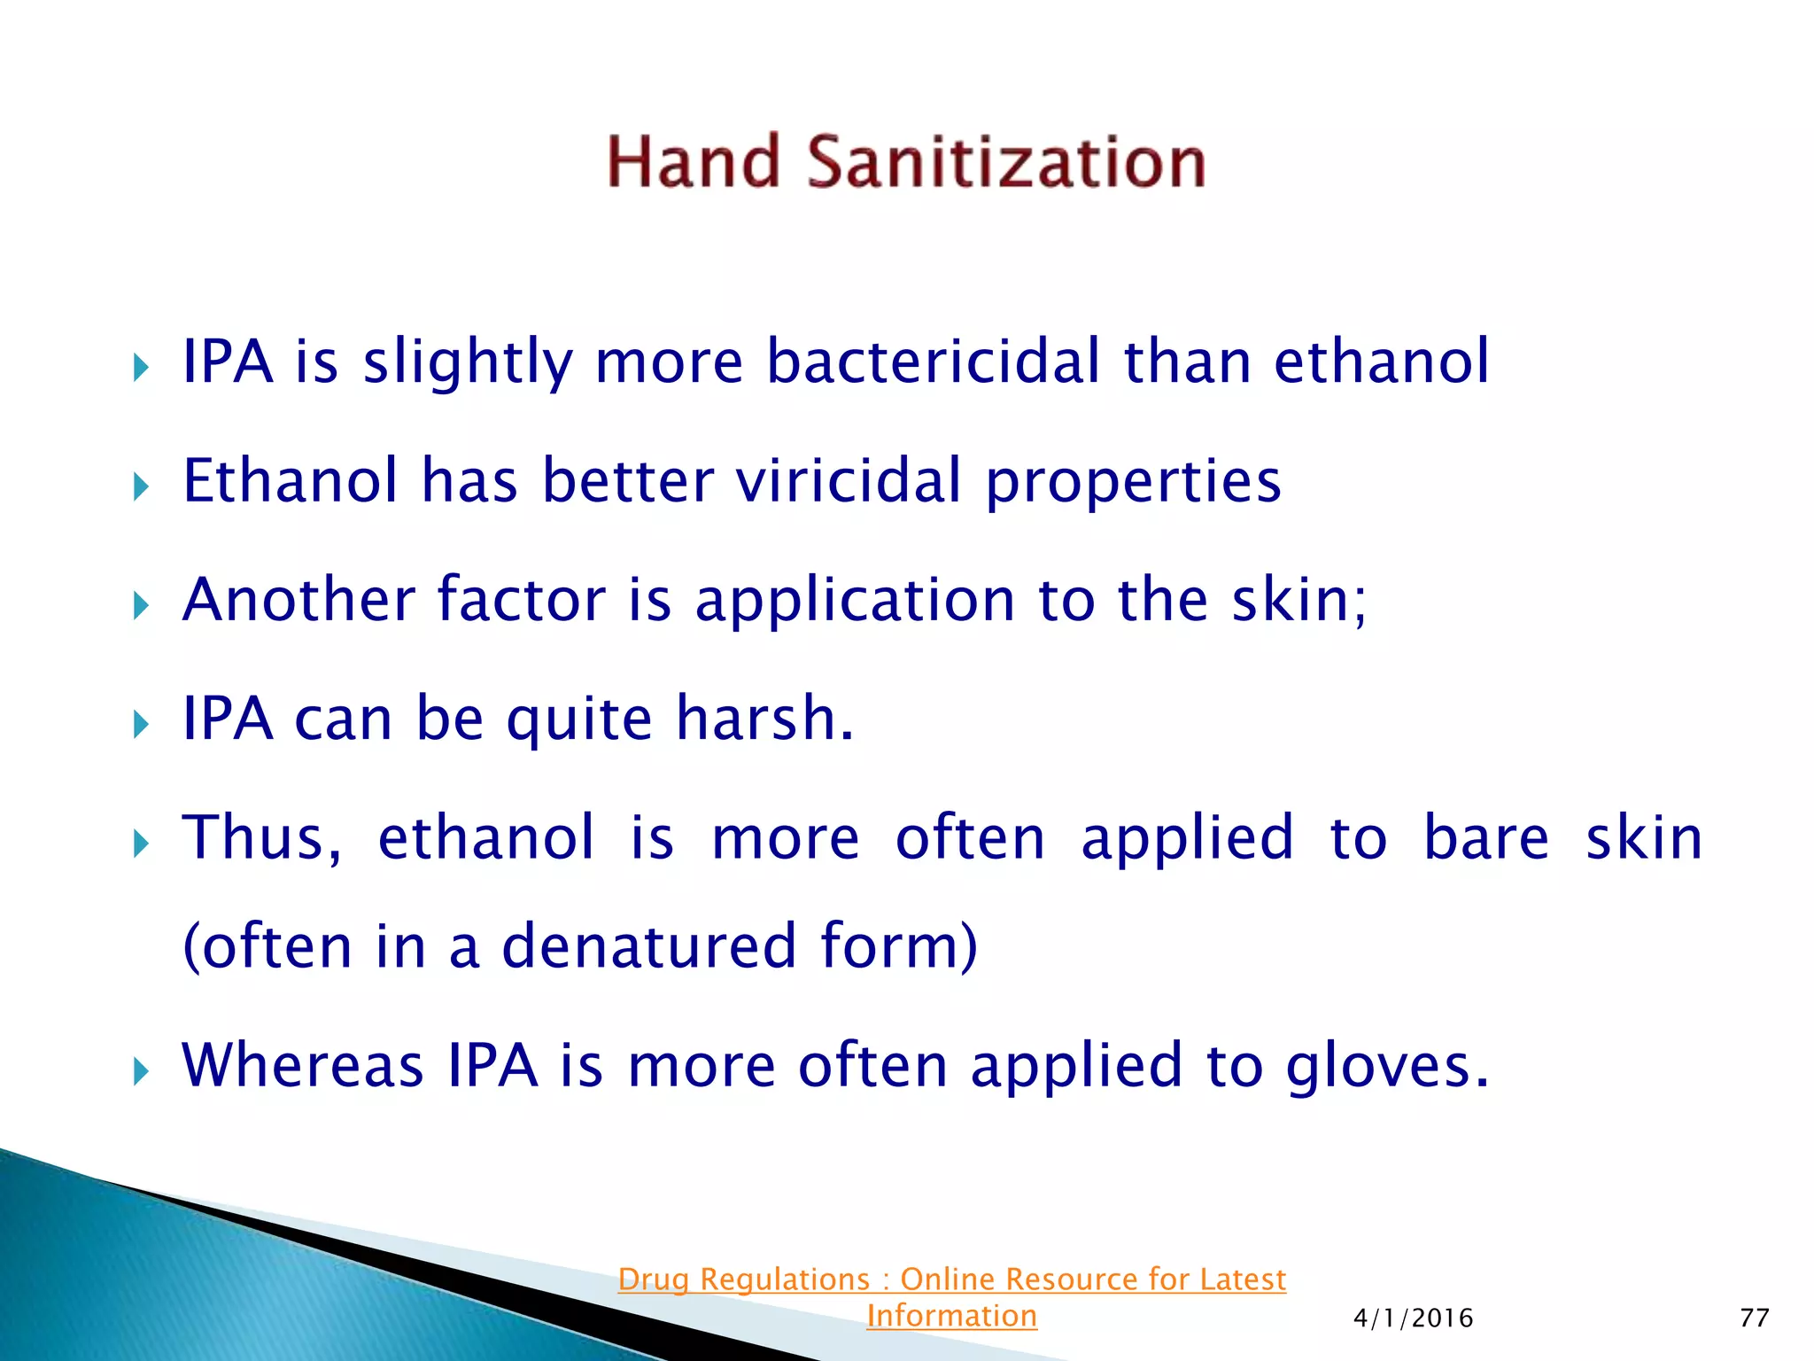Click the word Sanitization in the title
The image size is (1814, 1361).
tap(1006, 163)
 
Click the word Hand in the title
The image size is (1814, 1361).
tap(693, 163)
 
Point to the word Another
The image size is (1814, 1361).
tap(298, 600)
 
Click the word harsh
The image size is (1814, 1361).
tap(764, 719)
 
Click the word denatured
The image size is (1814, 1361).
tap(649, 946)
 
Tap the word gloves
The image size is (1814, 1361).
tap(1387, 1067)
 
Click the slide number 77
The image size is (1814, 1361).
tap(1754, 1318)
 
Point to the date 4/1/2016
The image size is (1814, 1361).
tap(1413, 1318)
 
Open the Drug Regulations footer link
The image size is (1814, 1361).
tap(951, 1279)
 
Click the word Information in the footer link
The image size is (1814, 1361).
tap(951, 1317)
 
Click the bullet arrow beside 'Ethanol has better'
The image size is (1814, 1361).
tap(141, 486)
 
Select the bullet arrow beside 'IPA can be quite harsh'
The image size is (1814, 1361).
tap(141, 725)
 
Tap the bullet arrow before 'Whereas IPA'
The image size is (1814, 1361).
tap(141, 1072)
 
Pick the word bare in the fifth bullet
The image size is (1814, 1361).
tap(1485, 838)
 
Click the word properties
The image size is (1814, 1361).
tap(1133, 483)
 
